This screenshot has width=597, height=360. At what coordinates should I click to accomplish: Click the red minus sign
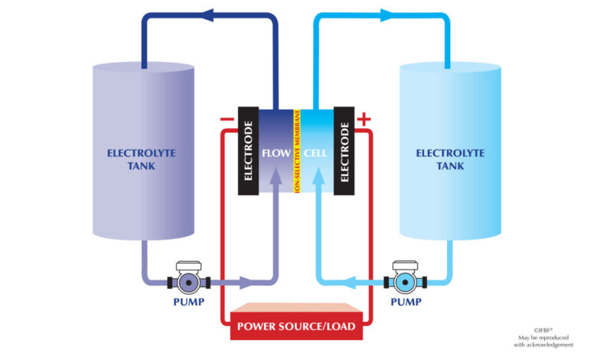227,119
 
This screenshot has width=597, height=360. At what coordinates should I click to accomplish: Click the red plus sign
364,119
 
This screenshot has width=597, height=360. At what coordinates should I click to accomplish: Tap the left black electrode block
248,151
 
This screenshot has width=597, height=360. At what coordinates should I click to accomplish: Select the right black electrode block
344,151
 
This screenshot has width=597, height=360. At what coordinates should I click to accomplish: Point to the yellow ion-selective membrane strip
297,151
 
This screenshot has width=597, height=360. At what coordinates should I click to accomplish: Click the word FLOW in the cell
276,153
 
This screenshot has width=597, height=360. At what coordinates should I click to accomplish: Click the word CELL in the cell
315,153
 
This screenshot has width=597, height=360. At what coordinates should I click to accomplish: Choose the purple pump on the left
189,278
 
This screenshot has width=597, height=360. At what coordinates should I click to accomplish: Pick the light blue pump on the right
405,278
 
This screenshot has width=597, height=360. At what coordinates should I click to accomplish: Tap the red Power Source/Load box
297,322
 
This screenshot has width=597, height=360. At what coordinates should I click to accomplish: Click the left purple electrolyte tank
144,151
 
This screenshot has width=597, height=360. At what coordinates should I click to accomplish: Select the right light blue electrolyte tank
450,151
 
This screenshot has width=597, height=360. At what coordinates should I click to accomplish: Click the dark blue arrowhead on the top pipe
207,15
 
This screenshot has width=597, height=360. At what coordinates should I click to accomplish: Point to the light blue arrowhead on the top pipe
387,15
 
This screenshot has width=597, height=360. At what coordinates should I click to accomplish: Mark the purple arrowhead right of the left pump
246,283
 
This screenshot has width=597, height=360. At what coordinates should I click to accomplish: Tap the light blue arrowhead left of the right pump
350,283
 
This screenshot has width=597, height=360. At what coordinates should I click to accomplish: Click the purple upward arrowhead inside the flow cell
276,175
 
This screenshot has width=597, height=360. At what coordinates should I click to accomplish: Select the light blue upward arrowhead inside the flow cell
318,175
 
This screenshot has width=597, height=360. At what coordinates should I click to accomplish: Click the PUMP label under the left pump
189,302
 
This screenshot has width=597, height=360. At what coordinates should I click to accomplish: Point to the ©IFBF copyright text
543,331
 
